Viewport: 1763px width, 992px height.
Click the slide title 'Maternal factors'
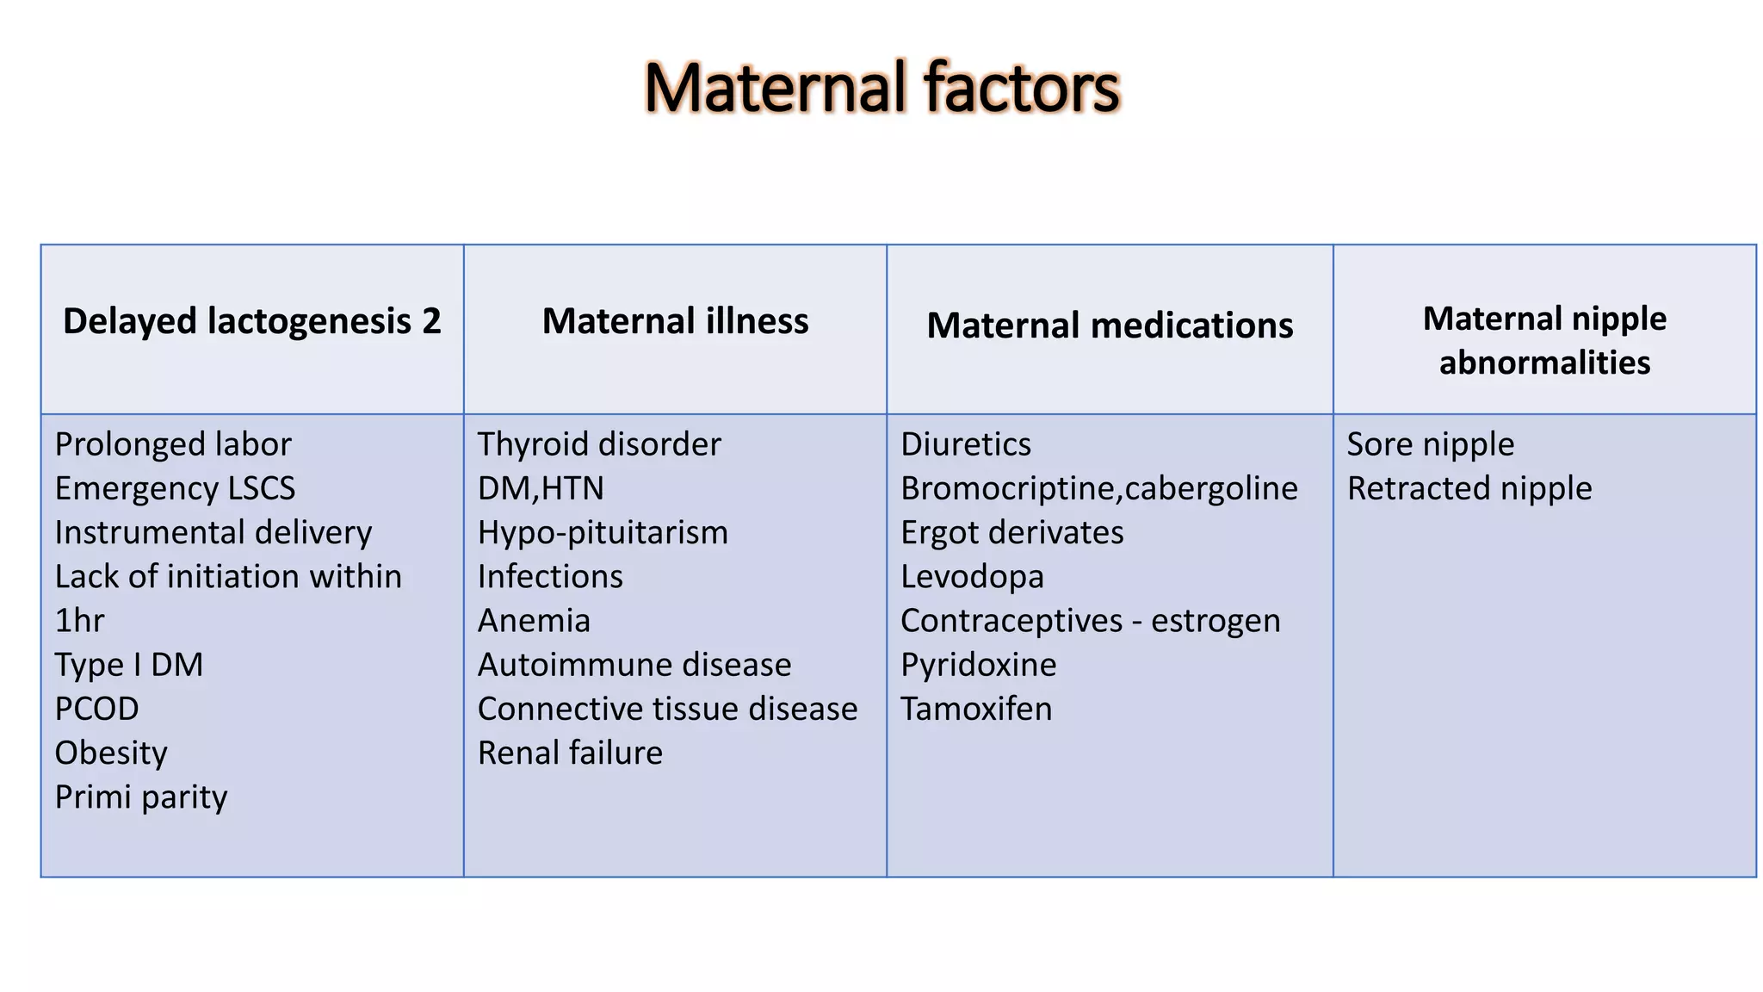(881, 88)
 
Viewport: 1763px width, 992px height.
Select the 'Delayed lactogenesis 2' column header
(251, 321)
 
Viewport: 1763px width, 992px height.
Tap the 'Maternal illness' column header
(675, 321)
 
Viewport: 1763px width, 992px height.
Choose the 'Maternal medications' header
(1110, 325)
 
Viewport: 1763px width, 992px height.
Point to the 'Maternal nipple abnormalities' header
(1544, 340)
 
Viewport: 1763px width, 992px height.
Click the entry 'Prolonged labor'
(173, 444)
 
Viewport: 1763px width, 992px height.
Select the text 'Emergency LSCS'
(175, 488)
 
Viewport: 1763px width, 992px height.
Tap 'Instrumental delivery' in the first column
(213, 532)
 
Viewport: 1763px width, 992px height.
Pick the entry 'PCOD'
(96, 709)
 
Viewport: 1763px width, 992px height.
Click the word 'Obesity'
(111, 753)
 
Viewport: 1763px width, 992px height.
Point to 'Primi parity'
(141, 797)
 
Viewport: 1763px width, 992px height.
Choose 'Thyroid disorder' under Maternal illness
(599, 444)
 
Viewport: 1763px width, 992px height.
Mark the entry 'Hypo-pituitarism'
(603, 532)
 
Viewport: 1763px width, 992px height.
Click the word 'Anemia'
(534, 621)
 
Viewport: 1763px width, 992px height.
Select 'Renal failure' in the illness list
(570, 753)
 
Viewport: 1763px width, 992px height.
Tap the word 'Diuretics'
(966, 444)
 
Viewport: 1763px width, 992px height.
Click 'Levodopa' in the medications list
(972, 577)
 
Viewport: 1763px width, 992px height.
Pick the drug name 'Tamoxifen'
(976, 709)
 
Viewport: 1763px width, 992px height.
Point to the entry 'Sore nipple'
(1430, 444)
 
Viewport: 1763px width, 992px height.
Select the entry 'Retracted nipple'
(1469, 488)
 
